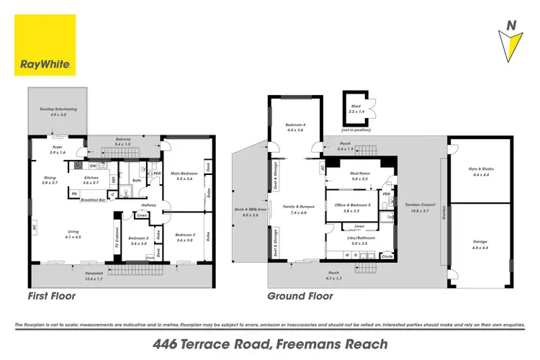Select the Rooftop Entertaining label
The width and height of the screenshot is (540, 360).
[x=58, y=112]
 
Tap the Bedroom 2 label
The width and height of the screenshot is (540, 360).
[x=184, y=238]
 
